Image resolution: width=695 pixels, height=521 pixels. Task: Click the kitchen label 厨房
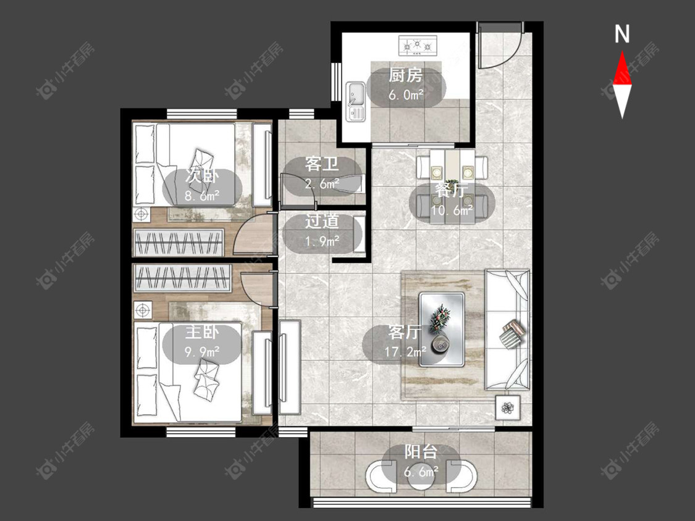[x=405, y=75]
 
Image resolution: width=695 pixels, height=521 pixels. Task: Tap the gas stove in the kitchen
[x=418, y=46]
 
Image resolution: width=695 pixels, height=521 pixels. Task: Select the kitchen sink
[x=355, y=101]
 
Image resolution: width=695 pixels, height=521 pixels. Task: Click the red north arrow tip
[x=622, y=52]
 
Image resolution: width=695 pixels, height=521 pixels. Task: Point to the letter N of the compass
[x=622, y=34]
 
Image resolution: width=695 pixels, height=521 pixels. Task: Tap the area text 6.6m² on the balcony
[x=421, y=472]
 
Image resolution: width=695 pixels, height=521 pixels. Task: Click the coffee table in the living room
[x=442, y=329]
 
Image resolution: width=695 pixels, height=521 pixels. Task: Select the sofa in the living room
[x=508, y=330]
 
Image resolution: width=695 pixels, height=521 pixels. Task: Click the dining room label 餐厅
[x=452, y=191]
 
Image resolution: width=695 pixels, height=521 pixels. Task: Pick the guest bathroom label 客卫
[x=322, y=164]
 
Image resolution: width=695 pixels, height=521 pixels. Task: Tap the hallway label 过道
[x=322, y=222]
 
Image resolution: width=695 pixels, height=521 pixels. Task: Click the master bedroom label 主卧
[x=202, y=332]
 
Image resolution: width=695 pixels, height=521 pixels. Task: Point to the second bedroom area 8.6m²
[x=202, y=195]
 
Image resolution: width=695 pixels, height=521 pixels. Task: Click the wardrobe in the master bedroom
[x=182, y=278]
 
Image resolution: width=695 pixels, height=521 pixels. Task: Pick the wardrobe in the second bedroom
[x=178, y=243]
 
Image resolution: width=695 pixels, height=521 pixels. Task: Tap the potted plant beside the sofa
[x=508, y=407]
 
